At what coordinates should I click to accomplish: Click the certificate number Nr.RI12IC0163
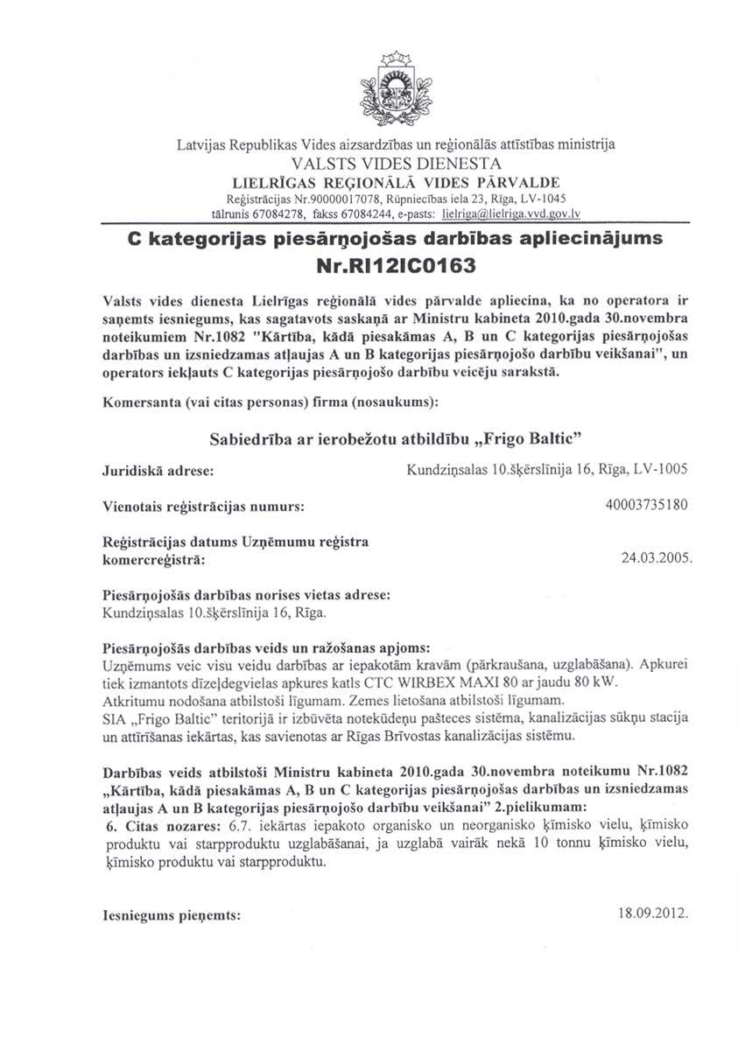(395, 262)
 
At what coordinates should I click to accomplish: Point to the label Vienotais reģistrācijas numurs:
(203, 506)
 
